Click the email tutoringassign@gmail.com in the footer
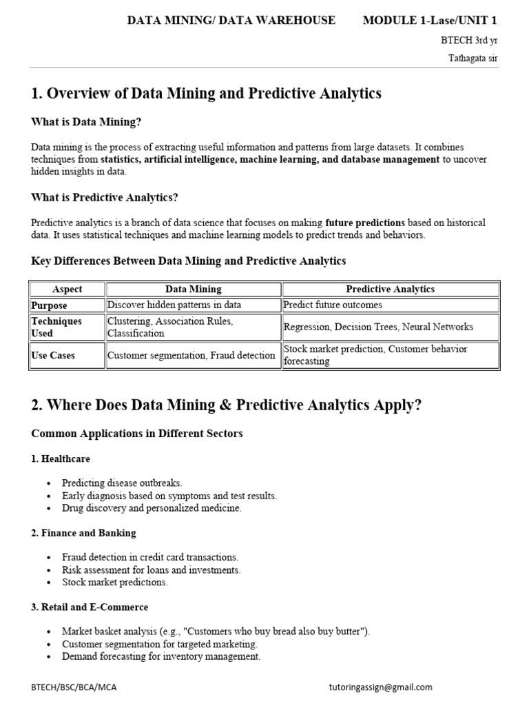381,687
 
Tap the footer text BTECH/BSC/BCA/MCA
69,687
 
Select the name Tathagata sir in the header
473,58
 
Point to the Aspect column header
67,290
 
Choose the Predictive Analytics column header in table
390,290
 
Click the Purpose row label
49,305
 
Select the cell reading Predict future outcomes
333,305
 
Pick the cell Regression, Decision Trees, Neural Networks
378,327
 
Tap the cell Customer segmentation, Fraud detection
191,356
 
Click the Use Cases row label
53,356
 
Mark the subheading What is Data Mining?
86,122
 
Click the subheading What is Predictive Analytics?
105,198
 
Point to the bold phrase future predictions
365,223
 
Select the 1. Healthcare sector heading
61,458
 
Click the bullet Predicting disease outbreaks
122,483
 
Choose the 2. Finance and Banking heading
83,533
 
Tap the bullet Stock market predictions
114,583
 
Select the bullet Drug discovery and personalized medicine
152,508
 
